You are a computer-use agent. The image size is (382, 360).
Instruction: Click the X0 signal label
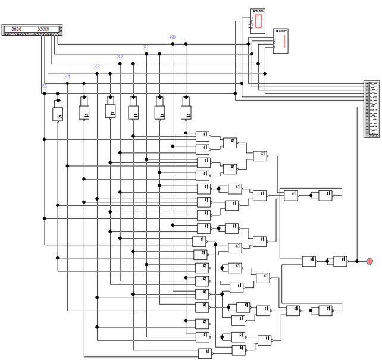point(173,37)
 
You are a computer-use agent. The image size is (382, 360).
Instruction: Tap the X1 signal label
point(146,46)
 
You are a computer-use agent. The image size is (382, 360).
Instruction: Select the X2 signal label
point(120,57)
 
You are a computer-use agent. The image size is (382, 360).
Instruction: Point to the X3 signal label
point(97,67)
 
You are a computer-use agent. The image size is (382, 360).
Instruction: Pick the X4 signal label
point(67,77)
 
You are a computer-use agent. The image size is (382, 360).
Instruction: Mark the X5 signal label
point(44,86)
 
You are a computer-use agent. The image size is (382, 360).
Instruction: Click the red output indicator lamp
point(370,261)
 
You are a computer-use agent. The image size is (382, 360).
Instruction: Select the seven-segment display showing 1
point(284,41)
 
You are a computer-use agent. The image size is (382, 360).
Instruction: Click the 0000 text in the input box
point(17,29)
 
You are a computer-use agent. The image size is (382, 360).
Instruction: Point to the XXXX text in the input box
point(44,29)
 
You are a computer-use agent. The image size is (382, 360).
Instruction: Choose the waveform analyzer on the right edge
point(371,109)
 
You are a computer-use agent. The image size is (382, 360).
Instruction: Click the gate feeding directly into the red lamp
point(340,261)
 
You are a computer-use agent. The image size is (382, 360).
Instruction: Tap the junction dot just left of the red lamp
point(356,261)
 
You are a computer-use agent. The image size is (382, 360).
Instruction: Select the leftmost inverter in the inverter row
point(58,113)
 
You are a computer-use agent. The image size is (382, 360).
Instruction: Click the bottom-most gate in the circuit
point(205,353)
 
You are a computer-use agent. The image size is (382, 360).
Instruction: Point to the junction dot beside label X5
point(44,93)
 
